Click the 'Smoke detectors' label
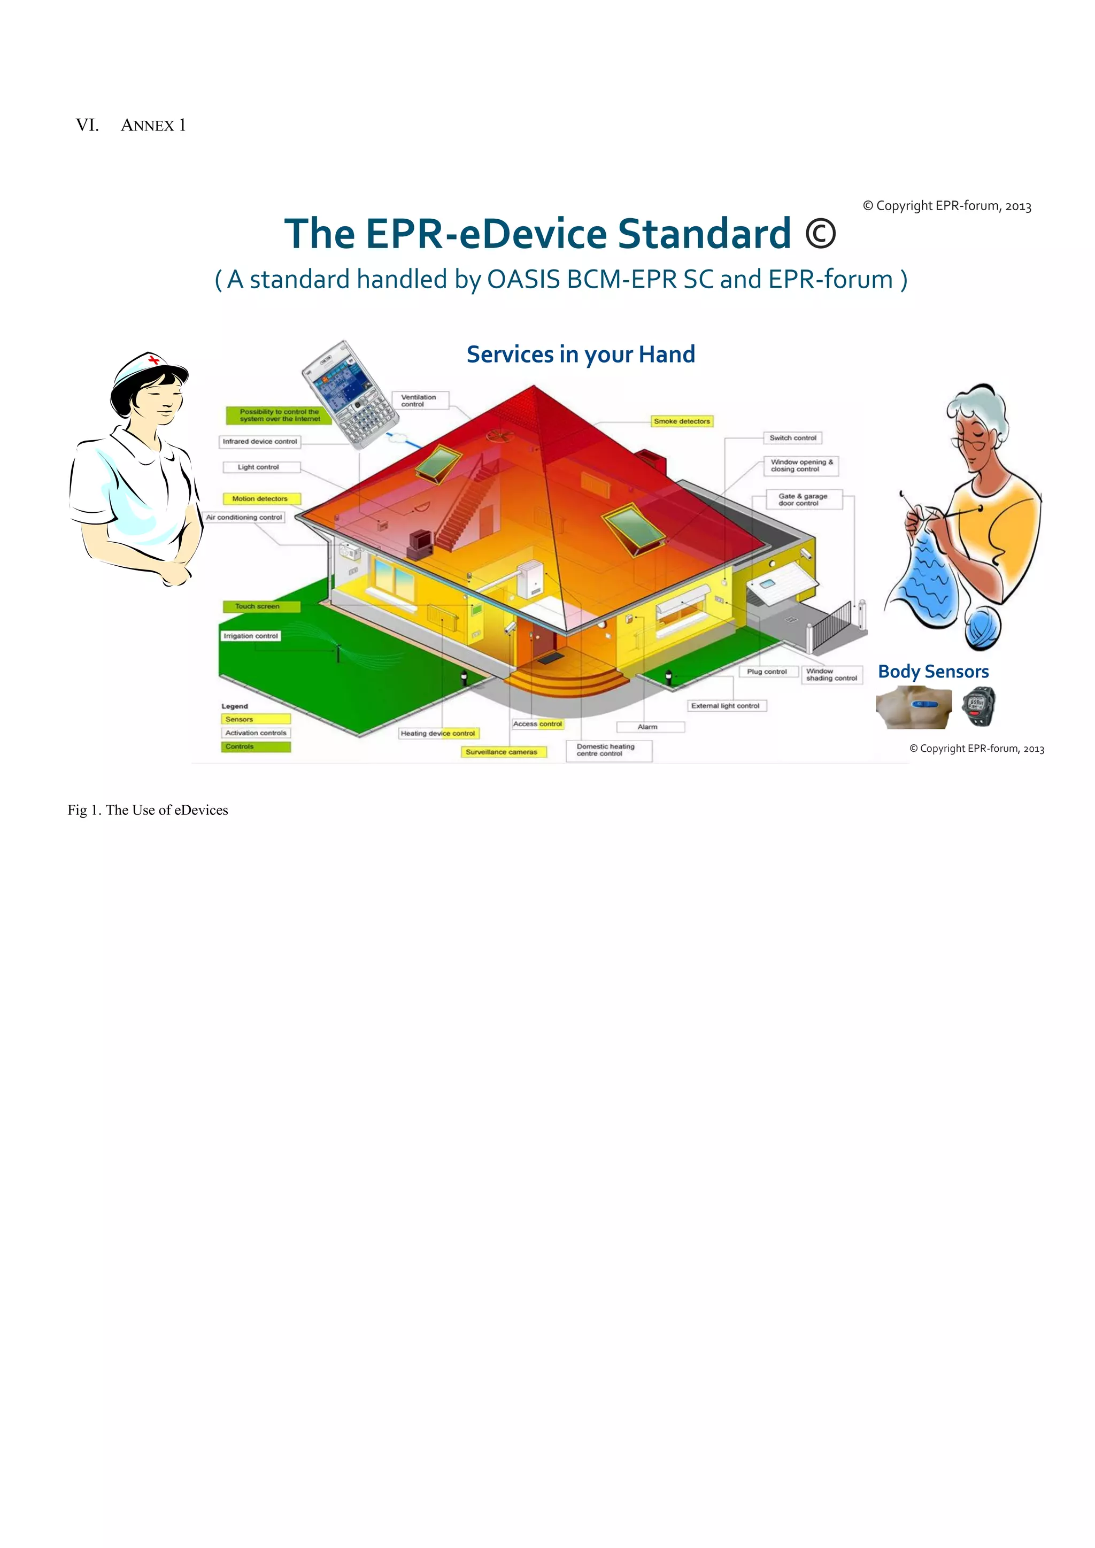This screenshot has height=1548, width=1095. coord(682,421)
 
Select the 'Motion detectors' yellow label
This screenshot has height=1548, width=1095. coord(260,499)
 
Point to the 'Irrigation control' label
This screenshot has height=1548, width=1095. coord(251,636)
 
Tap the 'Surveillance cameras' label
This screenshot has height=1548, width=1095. coord(503,752)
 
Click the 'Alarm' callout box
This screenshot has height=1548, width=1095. coord(649,727)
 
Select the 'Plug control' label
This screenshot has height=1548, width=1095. coord(767,672)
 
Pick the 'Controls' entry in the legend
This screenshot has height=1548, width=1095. coord(255,747)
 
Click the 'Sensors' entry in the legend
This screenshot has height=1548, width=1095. coord(255,719)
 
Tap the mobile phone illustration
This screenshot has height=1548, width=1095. coord(349,395)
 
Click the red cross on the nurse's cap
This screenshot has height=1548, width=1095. coord(155,360)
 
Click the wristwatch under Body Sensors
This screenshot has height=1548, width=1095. coord(978,706)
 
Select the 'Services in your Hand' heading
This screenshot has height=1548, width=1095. coord(581,355)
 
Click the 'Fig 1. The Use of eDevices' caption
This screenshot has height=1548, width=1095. coord(148,811)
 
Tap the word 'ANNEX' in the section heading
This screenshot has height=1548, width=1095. coord(148,126)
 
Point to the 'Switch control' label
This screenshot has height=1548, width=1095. coord(793,438)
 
